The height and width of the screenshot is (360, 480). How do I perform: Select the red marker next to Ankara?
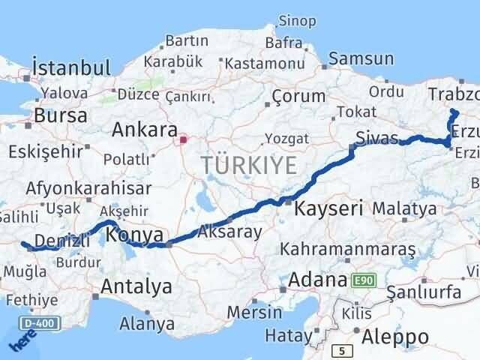[x=182, y=139]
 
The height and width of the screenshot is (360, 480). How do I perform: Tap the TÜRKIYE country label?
[x=247, y=165]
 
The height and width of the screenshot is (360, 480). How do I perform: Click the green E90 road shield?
[x=363, y=280]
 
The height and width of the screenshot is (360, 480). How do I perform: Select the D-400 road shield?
[x=37, y=324]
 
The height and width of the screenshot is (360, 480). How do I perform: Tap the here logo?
[x=19, y=341]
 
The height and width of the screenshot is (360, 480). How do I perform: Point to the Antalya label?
[x=136, y=286]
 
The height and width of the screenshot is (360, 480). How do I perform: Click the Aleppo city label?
[x=394, y=336]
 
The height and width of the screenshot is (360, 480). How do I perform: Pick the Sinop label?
[x=297, y=21]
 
